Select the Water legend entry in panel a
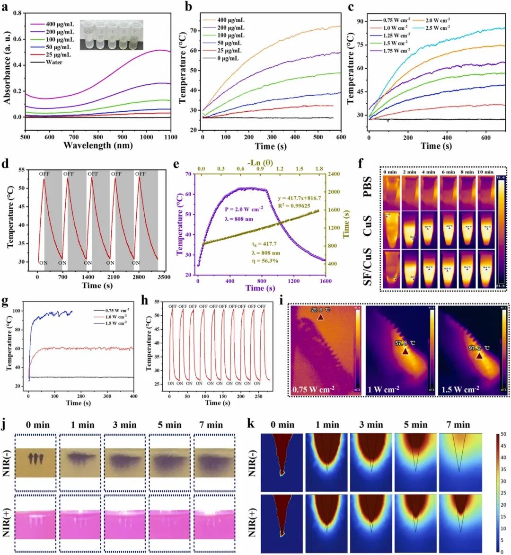(x=54, y=62)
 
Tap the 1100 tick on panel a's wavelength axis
(x=170, y=137)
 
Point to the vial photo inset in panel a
(x=111, y=35)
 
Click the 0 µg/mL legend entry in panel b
(x=228, y=58)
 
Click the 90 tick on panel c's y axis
(x=360, y=21)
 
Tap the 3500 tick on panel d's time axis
(x=164, y=277)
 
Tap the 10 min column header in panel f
(x=485, y=172)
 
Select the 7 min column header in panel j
(x=211, y=425)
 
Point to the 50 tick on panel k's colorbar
(x=503, y=434)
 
